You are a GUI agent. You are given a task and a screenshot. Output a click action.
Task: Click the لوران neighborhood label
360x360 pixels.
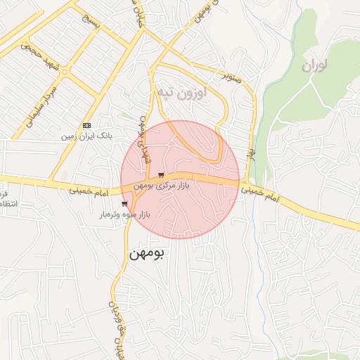pyautogui.click(x=315, y=67)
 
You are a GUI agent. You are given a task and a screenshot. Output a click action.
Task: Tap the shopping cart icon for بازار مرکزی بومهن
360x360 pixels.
pyautogui.click(x=162, y=175)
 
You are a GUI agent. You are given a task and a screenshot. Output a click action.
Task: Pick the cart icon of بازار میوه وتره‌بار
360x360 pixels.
pyautogui.click(x=124, y=204)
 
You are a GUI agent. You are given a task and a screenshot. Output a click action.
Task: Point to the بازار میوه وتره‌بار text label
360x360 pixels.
pyautogui.click(x=122, y=214)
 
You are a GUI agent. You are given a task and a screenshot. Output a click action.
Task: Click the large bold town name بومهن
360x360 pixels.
pyautogui.click(x=146, y=253)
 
